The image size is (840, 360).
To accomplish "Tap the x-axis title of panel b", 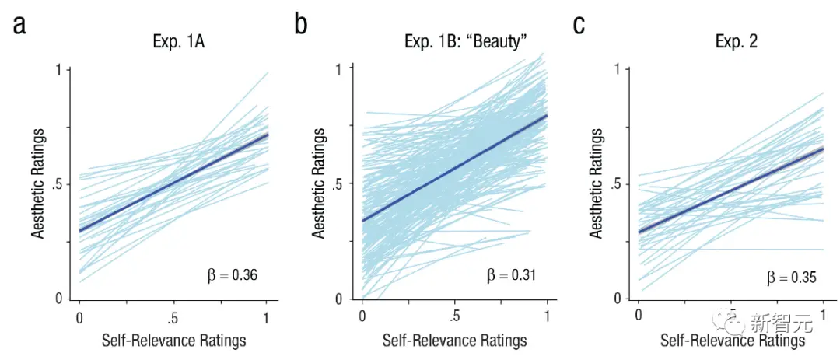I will [454, 341].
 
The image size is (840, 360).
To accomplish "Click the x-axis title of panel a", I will [173, 341].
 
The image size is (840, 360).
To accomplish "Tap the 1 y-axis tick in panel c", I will [617, 70].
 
